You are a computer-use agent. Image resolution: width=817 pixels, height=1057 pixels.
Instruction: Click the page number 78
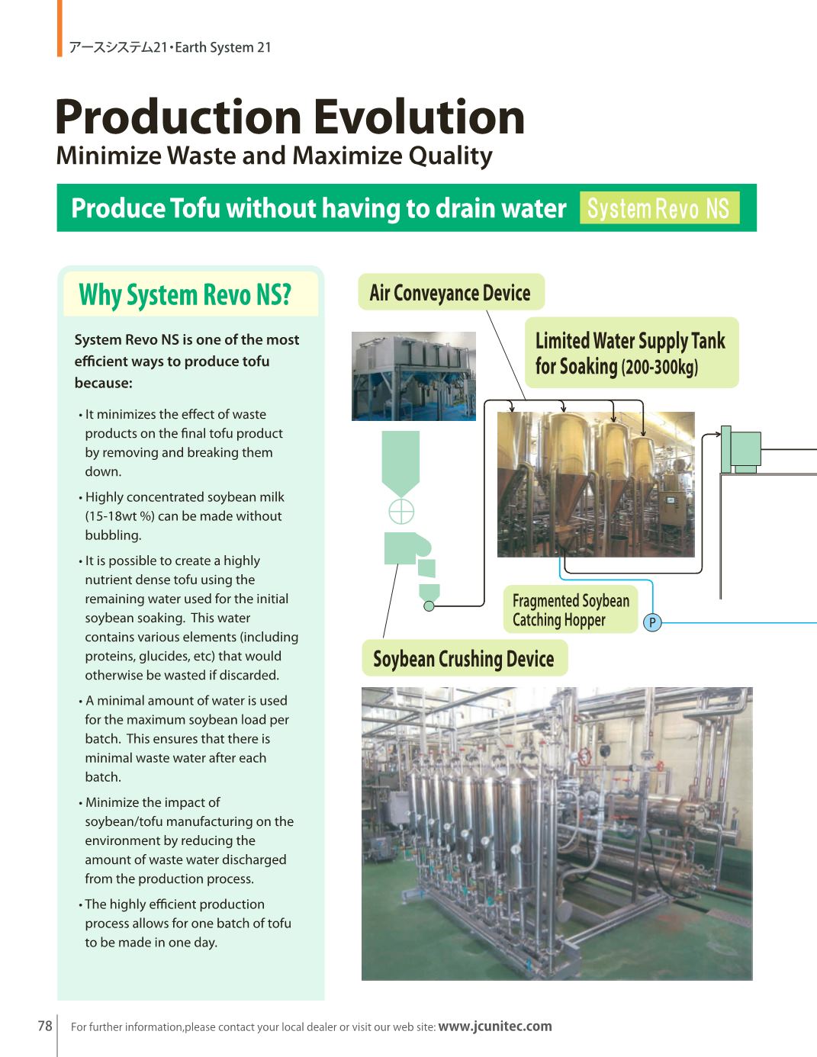click(x=45, y=1026)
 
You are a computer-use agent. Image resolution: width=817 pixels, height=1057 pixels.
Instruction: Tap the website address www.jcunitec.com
click(x=494, y=1026)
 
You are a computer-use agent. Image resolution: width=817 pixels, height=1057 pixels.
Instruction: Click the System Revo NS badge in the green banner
click(x=659, y=208)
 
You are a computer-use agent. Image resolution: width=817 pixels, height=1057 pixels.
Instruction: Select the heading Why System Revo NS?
click(x=185, y=294)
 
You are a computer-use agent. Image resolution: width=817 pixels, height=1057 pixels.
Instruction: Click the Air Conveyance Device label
click(x=450, y=293)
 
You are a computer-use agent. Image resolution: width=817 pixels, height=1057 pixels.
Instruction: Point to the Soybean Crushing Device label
click(x=463, y=659)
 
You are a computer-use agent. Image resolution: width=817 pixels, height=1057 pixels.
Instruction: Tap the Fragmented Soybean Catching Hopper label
click(x=570, y=610)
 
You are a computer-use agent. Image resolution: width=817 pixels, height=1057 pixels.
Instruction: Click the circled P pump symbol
click(x=652, y=622)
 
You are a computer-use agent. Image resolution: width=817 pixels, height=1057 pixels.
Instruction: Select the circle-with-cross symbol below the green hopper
click(x=401, y=512)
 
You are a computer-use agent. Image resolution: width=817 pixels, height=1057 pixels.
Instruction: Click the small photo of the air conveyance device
click(x=413, y=376)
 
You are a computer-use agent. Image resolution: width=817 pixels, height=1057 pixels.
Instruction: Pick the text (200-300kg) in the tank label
click(x=660, y=368)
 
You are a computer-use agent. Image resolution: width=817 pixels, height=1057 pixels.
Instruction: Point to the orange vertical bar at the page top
click(x=60, y=28)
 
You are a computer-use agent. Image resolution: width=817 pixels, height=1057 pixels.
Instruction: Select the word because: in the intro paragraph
click(x=104, y=383)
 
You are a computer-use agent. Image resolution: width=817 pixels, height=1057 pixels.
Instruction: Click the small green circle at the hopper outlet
click(x=429, y=606)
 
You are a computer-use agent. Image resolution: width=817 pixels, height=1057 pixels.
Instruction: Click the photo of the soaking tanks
click(x=596, y=484)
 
